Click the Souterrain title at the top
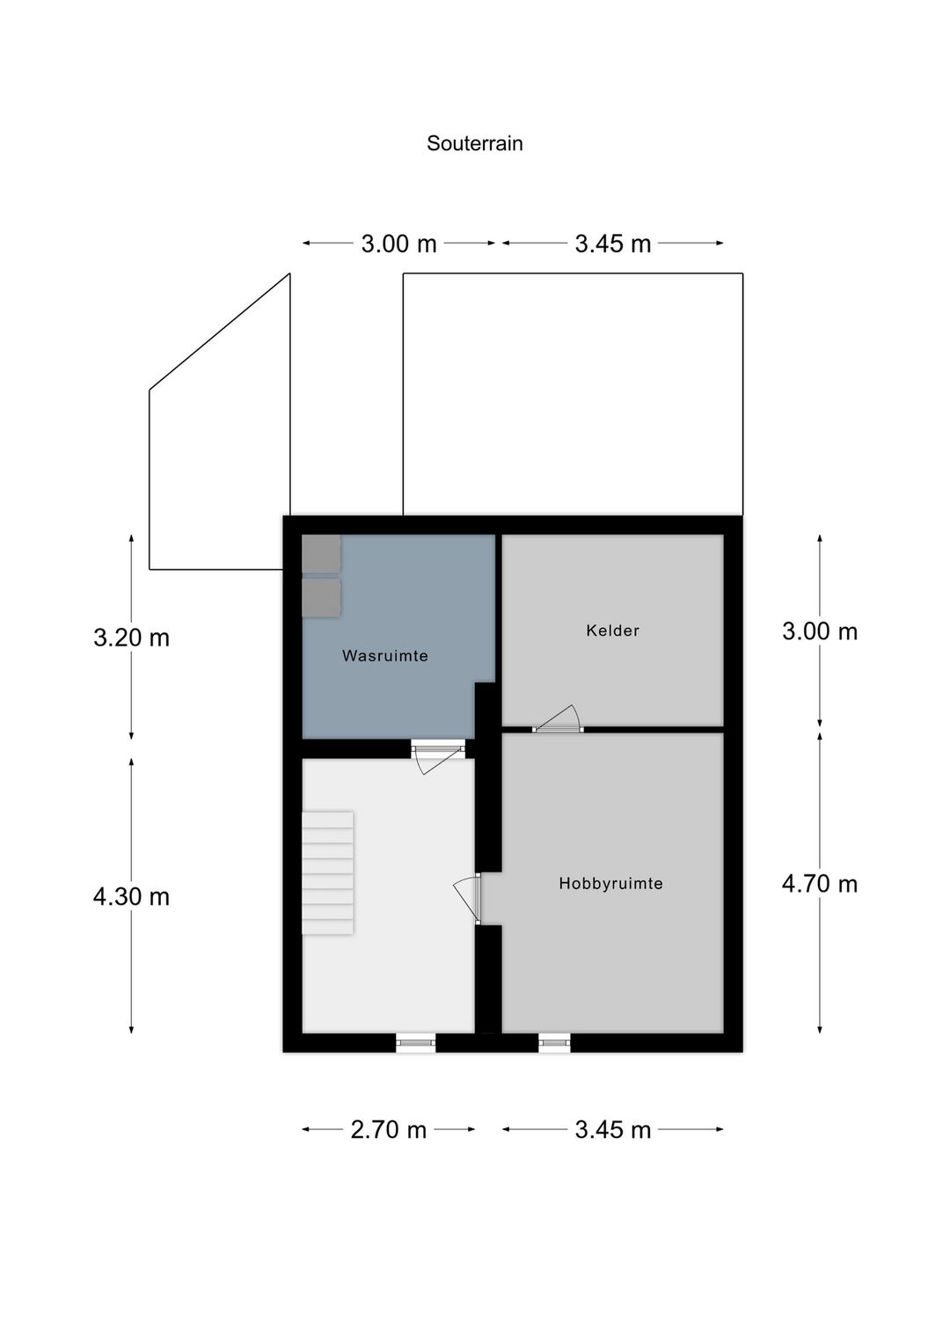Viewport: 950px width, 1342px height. tap(474, 143)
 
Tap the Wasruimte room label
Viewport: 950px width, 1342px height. tap(384, 655)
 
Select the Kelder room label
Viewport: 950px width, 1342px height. tap(612, 631)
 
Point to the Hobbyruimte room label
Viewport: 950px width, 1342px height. tap(610, 884)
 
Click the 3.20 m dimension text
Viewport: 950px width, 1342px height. tap(131, 638)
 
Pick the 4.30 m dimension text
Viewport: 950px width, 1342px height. tap(131, 897)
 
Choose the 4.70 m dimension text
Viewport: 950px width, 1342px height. tap(819, 884)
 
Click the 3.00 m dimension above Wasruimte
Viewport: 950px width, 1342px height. tap(398, 244)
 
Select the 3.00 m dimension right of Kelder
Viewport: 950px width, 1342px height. tap(819, 631)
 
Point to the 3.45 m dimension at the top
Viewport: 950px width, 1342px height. tap(612, 244)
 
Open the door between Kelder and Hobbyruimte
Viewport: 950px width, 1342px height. tap(558, 719)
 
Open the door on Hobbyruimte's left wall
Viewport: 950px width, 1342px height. tap(468, 900)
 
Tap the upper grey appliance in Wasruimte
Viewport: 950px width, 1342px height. tap(321, 553)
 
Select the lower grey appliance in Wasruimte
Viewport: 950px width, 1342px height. tap(321, 597)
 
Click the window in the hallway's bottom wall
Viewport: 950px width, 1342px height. tap(415, 1043)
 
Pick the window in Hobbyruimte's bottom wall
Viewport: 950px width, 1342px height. tap(554, 1043)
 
